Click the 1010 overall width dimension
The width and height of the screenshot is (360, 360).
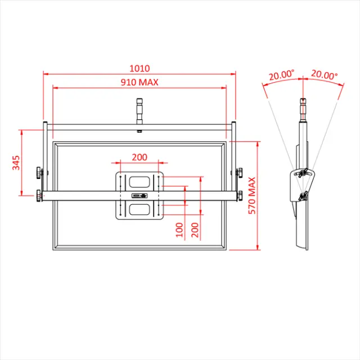[x=139, y=68]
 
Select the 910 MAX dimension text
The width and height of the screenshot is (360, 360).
[x=139, y=82]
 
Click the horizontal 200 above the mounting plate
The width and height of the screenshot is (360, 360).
[x=140, y=157]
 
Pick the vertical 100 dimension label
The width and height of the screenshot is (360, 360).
[x=179, y=229]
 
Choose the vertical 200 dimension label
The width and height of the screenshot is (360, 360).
[x=195, y=229]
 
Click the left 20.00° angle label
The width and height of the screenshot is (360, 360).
[x=281, y=74]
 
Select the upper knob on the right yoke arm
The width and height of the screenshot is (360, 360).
[x=240, y=172]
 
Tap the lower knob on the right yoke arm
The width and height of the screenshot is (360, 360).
[x=240, y=196]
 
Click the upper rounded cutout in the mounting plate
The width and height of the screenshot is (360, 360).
[x=139, y=182]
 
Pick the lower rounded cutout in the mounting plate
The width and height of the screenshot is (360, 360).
[x=139, y=209]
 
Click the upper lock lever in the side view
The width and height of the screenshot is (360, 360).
[x=302, y=172]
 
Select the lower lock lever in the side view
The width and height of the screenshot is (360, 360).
[x=304, y=196]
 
